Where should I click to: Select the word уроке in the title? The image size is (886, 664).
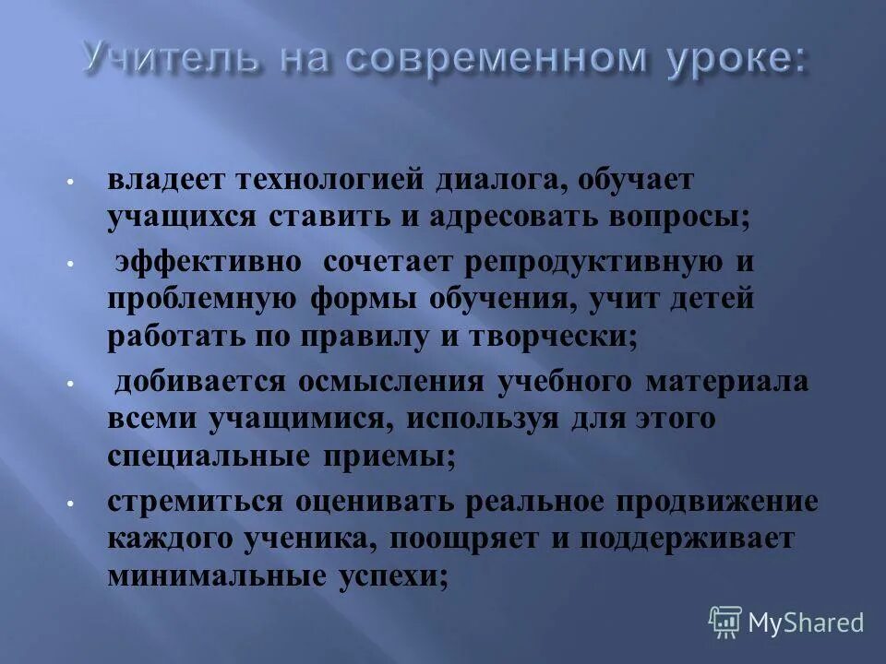tap(725, 59)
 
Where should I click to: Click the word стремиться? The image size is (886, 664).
tap(192, 502)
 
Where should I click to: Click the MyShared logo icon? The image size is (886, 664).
tap(725, 622)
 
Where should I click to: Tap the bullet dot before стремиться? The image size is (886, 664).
tap(70, 504)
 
